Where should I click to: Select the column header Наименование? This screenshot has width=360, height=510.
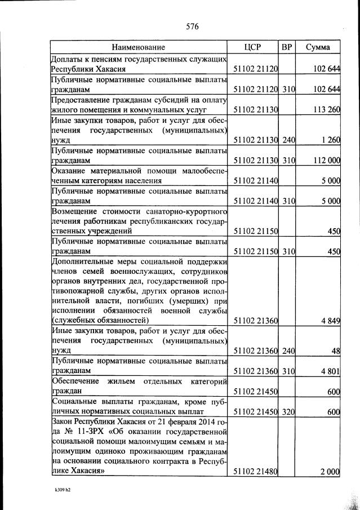click(x=138, y=47)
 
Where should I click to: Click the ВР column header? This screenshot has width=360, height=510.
click(x=287, y=47)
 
